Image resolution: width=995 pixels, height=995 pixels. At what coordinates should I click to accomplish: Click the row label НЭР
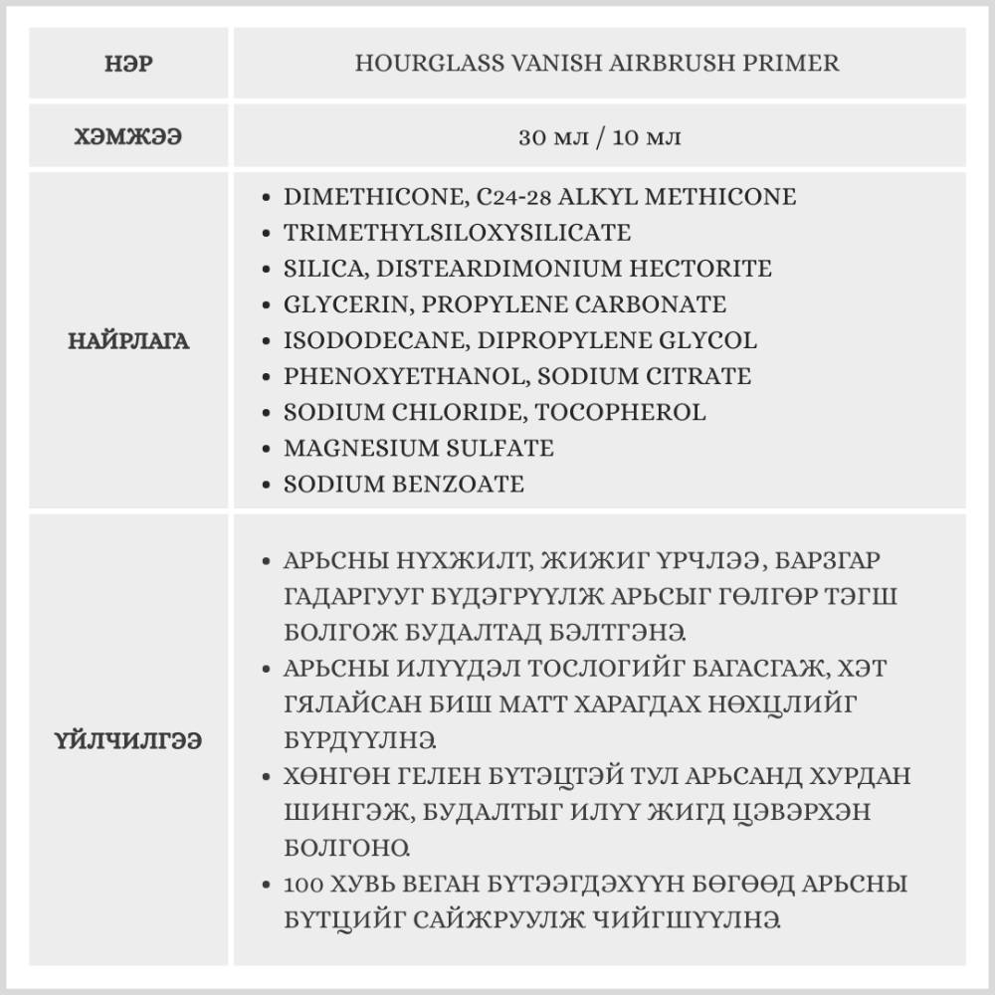point(128,64)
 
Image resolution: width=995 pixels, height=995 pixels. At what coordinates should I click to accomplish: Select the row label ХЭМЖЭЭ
point(128,136)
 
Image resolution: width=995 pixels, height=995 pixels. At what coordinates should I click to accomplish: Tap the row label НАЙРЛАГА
point(128,341)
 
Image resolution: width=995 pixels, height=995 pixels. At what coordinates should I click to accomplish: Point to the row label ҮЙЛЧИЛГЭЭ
point(128,740)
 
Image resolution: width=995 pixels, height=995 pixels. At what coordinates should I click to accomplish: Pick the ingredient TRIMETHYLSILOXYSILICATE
point(457,233)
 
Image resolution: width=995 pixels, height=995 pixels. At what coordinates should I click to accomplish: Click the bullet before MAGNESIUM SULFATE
point(266,449)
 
